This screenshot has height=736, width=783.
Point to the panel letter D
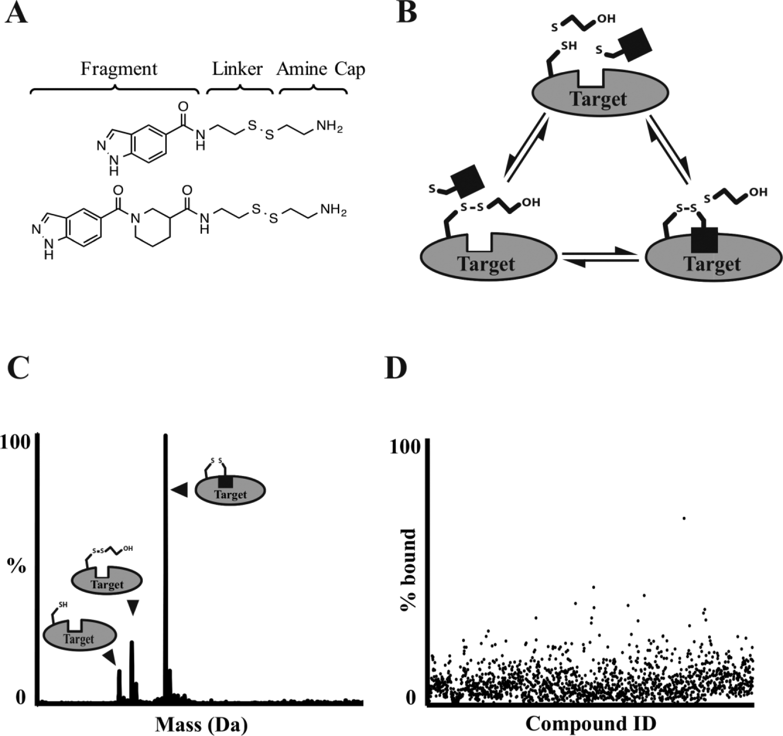point(396,368)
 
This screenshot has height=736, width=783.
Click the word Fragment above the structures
point(119,69)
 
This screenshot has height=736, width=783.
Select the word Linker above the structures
point(237,69)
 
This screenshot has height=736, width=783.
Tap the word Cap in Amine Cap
point(350,70)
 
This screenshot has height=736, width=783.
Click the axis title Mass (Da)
point(202,724)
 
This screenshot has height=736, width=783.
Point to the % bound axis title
point(408,570)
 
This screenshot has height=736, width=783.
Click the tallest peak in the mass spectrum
point(165,565)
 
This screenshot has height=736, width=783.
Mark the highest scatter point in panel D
point(684,518)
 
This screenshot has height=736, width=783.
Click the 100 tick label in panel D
point(405,447)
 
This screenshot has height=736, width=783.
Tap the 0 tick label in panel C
point(20,698)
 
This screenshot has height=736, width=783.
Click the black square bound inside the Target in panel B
point(704,240)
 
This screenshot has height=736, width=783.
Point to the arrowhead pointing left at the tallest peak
point(179,490)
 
